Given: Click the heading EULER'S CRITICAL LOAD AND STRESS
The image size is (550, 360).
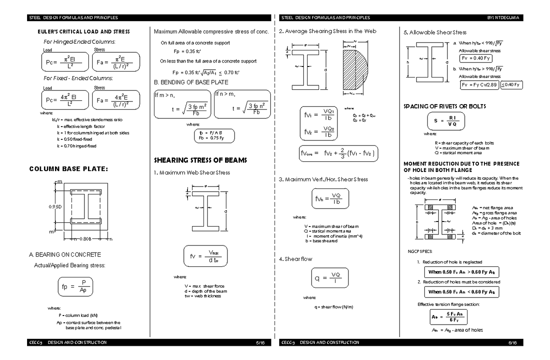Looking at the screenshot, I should (x=83, y=32).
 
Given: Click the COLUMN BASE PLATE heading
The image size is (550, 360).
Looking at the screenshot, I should (x=68, y=169).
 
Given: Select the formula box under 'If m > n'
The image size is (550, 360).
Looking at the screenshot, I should (x=183, y=108).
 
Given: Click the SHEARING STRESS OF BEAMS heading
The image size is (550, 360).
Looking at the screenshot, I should (x=200, y=160).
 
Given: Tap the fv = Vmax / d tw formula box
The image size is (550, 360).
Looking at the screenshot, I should (x=205, y=257).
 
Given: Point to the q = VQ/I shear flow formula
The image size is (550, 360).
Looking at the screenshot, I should (x=328, y=278).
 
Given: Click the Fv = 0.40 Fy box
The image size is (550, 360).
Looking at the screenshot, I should (x=476, y=58).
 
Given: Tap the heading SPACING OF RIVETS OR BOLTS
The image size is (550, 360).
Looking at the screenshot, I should (x=444, y=106).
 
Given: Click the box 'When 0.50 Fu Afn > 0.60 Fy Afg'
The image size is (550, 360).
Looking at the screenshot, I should (x=461, y=272).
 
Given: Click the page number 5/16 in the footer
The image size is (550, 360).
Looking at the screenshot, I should (x=260, y=343).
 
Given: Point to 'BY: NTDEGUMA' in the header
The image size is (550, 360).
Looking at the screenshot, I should (x=504, y=17).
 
